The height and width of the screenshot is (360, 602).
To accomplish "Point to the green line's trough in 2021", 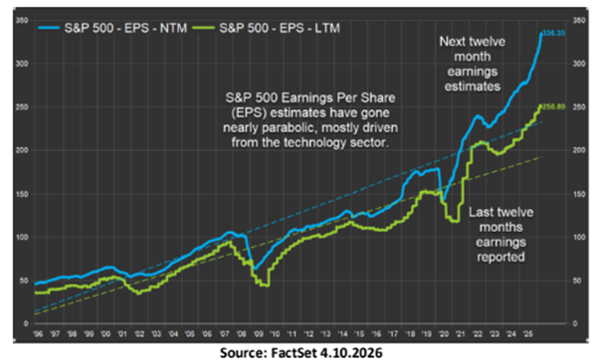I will pyautogui.click(x=455, y=220).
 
